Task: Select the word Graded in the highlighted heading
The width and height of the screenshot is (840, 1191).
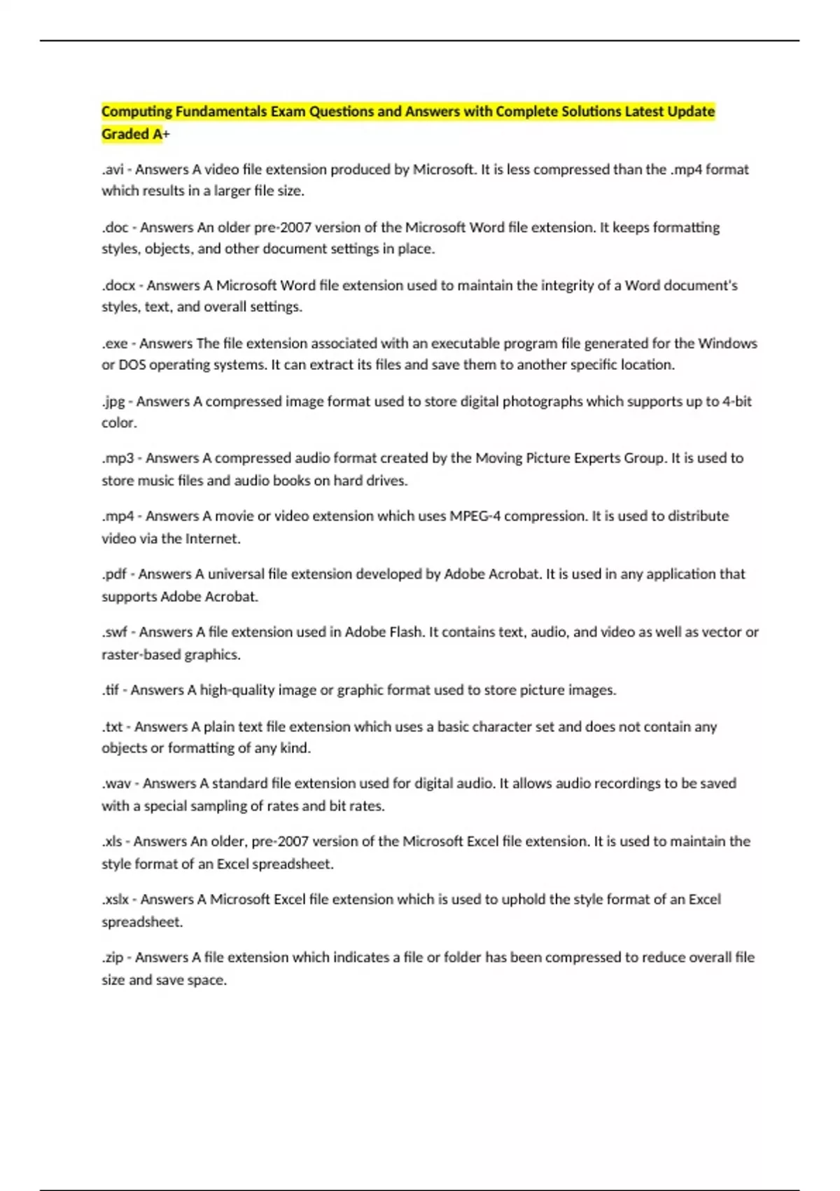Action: point(125,134)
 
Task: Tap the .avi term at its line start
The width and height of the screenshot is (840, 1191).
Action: point(112,170)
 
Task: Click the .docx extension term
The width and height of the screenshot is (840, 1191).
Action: point(118,285)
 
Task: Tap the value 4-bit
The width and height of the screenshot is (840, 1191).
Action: point(736,401)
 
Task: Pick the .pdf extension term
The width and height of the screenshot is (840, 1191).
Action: point(114,574)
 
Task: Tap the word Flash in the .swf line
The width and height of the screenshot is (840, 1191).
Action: point(405,632)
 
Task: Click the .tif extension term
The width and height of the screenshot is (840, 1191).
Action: point(111,690)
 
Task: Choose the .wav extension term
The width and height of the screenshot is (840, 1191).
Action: point(116,783)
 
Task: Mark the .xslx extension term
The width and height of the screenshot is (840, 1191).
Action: point(115,900)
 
